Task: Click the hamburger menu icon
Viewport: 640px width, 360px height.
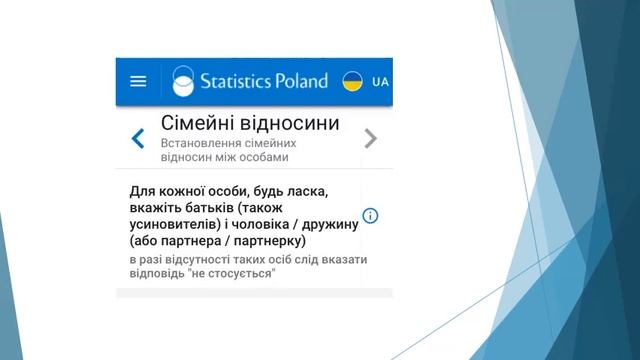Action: click(x=138, y=82)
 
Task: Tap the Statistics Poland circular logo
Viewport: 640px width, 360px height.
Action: click(x=184, y=81)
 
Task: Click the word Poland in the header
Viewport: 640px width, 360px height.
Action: click(x=301, y=81)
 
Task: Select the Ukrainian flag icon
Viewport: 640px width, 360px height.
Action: click(x=352, y=81)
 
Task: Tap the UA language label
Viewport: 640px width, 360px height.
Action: click(x=379, y=82)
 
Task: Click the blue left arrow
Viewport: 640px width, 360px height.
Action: click(x=138, y=139)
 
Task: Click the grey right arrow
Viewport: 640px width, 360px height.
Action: click(x=371, y=139)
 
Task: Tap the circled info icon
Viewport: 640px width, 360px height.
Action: click(x=370, y=216)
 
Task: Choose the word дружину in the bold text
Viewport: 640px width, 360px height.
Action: click(x=325, y=224)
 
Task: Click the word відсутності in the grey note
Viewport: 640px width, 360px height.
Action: click(x=196, y=260)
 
